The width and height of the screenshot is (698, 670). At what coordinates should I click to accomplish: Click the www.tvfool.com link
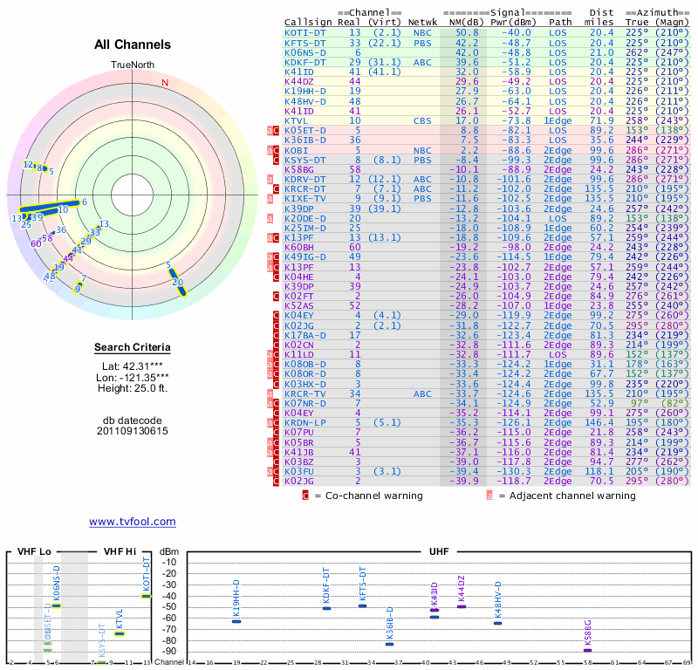(132, 522)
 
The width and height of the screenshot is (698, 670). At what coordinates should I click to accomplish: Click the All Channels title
(133, 44)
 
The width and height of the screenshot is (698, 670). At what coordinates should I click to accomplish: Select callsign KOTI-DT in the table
(305, 32)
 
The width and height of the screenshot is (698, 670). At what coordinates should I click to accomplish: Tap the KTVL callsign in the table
(298, 120)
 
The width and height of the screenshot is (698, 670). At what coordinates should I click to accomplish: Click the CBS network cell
(422, 120)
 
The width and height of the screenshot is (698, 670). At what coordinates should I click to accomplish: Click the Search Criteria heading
(133, 348)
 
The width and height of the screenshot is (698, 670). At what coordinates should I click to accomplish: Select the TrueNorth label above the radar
(132, 65)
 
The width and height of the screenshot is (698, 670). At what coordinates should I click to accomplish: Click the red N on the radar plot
(164, 82)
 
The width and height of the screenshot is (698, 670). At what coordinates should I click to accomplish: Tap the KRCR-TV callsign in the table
(305, 393)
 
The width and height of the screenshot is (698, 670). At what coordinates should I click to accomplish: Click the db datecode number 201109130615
(133, 431)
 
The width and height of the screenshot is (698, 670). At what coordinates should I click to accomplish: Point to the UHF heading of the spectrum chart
(440, 552)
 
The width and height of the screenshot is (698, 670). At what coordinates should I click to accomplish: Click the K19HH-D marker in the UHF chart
(236, 620)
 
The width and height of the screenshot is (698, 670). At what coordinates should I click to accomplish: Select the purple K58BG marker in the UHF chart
(588, 649)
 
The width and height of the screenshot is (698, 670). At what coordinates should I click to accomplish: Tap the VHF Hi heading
(120, 552)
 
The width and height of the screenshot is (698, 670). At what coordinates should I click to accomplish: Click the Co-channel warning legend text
(373, 496)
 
